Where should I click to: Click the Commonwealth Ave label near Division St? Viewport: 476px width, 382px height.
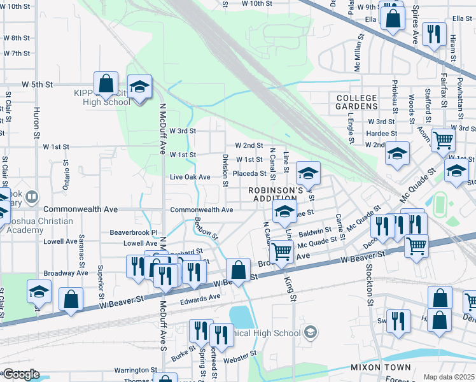[x=201, y=209]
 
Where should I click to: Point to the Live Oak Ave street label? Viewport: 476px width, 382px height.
[x=190, y=177]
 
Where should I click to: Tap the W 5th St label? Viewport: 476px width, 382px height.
[x=36, y=84]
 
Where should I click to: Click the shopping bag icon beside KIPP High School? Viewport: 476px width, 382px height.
[x=106, y=83]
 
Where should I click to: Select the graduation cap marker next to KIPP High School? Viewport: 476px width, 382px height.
[x=139, y=87]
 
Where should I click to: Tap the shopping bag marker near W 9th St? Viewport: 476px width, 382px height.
[x=393, y=18]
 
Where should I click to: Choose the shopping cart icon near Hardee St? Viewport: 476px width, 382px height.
[x=443, y=139]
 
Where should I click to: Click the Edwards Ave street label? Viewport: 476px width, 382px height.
[x=200, y=297]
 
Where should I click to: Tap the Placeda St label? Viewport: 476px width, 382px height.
[x=249, y=173]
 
